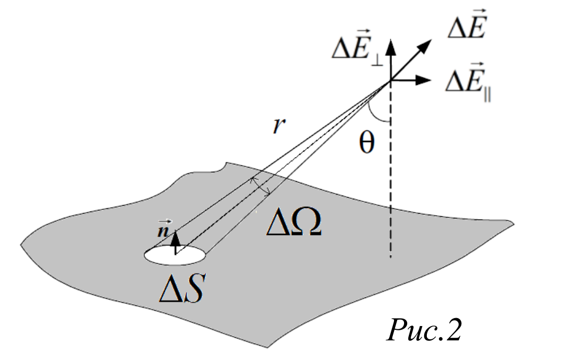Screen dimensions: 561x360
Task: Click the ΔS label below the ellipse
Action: tap(182, 288)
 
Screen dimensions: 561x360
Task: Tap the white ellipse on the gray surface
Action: tap(175, 255)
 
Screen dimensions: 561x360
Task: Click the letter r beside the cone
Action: tap(279, 125)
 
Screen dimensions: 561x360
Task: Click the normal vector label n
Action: tap(163, 230)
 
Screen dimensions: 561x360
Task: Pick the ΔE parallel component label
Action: tap(468, 82)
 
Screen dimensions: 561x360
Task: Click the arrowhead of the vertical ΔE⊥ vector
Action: tap(391, 47)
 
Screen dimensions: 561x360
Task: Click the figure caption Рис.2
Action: tap(424, 330)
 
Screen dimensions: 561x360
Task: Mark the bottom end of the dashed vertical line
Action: tap(391, 257)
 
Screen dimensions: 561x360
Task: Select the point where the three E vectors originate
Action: tap(391, 80)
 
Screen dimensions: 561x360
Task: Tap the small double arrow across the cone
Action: tap(261, 186)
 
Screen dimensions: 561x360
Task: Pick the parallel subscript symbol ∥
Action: tap(487, 96)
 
